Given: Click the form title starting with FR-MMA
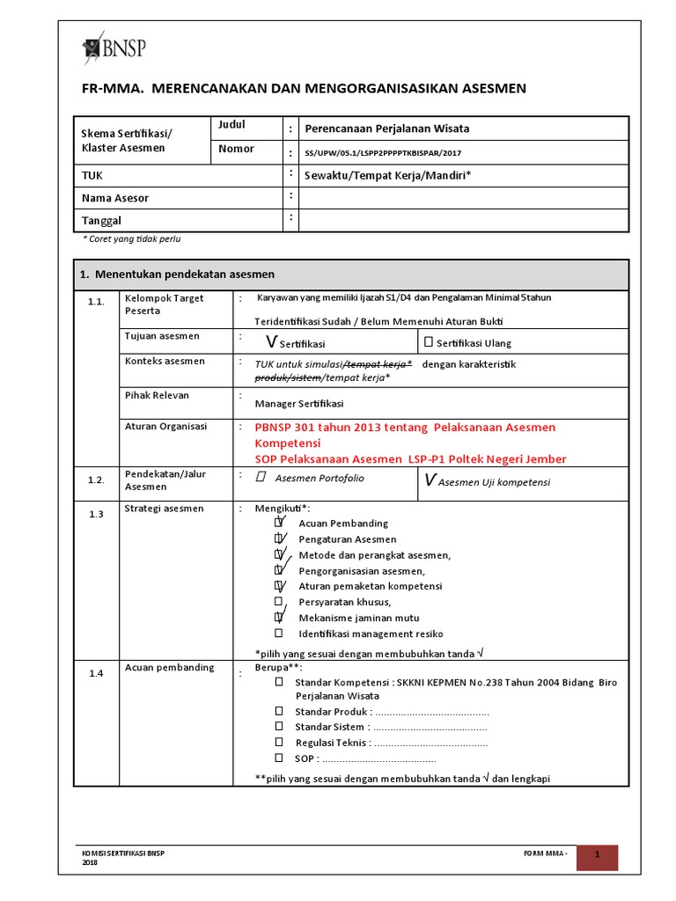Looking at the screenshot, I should (303, 88).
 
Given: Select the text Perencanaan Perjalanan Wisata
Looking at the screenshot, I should (392, 128).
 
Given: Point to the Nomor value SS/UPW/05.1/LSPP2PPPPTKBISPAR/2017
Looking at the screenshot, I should (382, 152).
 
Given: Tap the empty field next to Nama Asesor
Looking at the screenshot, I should (464, 198).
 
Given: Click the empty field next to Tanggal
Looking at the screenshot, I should (464, 220).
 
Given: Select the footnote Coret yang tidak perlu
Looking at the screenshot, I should (131, 238).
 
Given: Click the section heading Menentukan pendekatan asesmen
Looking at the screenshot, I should (177, 275).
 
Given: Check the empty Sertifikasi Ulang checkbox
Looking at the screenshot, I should (428, 342).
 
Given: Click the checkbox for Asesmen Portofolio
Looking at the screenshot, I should (261, 478).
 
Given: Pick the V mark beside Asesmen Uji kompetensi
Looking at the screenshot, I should (430, 480).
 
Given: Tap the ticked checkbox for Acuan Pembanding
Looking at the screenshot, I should (279, 524).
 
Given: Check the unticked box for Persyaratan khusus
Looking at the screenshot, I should (278, 602).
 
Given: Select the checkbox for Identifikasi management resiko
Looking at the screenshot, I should (278, 634).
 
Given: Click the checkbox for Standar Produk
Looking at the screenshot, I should (279, 711).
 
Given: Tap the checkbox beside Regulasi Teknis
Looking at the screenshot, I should (279, 743).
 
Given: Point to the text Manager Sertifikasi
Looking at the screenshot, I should (299, 404).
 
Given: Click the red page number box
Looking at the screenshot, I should (597, 857).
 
